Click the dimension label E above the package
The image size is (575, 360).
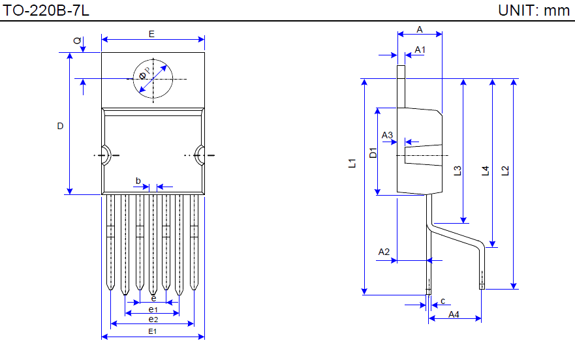152,34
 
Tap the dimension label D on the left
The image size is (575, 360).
60,126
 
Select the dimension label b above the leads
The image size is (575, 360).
138,180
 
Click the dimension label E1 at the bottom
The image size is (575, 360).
153,331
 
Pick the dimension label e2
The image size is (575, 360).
153,320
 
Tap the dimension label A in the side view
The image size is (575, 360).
420,29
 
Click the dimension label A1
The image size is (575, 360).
420,50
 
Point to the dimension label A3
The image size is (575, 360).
388,136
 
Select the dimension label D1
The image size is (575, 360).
373,153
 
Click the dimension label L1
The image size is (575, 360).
352,164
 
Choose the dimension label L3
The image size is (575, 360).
458,171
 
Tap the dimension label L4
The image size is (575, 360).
484,171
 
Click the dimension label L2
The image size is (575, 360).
505,171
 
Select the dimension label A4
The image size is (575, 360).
454,314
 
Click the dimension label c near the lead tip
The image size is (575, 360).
443,301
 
